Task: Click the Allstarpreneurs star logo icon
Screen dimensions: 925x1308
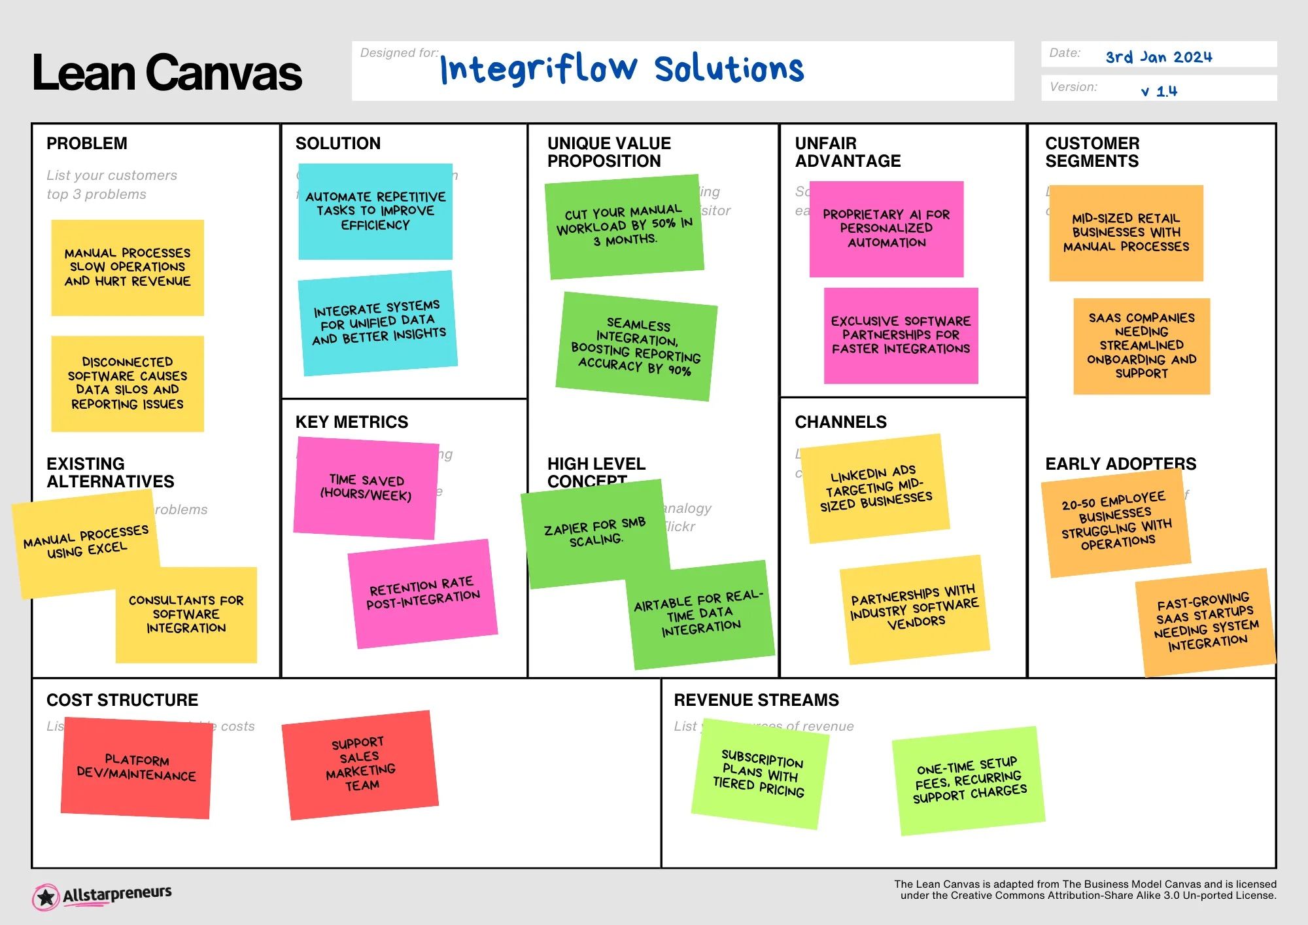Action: click(x=46, y=897)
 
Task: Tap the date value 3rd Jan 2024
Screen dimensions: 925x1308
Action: click(x=1158, y=57)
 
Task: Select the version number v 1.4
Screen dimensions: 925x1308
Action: click(x=1159, y=91)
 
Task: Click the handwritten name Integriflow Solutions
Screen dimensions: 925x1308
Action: click(x=621, y=69)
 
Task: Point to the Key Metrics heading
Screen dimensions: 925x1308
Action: click(x=351, y=422)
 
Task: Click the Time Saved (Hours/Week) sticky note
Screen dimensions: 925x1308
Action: click(x=366, y=488)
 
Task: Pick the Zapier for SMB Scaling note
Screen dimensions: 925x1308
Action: click(x=594, y=531)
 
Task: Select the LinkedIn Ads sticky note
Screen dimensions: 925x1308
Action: click(x=875, y=488)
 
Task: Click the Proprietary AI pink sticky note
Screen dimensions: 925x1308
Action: click(x=886, y=228)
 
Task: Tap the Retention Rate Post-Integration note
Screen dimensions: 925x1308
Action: click(x=422, y=593)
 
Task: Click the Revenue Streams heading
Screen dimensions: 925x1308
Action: click(x=756, y=700)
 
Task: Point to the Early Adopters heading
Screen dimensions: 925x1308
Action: click(x=1120, y=464)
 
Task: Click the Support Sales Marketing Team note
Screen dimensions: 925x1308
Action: click(x=360, y=764)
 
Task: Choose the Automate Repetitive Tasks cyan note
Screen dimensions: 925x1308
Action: click(x=375, y=211)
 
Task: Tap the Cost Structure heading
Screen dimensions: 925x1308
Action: click(x=122, y=700)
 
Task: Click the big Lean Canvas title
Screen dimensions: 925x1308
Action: click(x=167, y=73)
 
